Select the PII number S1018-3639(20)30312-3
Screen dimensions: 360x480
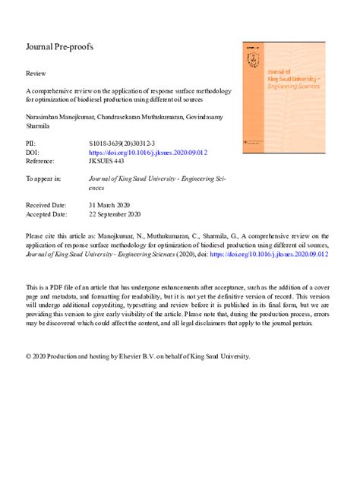(x=123, y=142)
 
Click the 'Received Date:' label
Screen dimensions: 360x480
(x=46, y=205)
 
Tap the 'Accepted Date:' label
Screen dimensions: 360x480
(x=46, y=214)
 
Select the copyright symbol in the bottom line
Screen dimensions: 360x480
(x=29, y=355)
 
